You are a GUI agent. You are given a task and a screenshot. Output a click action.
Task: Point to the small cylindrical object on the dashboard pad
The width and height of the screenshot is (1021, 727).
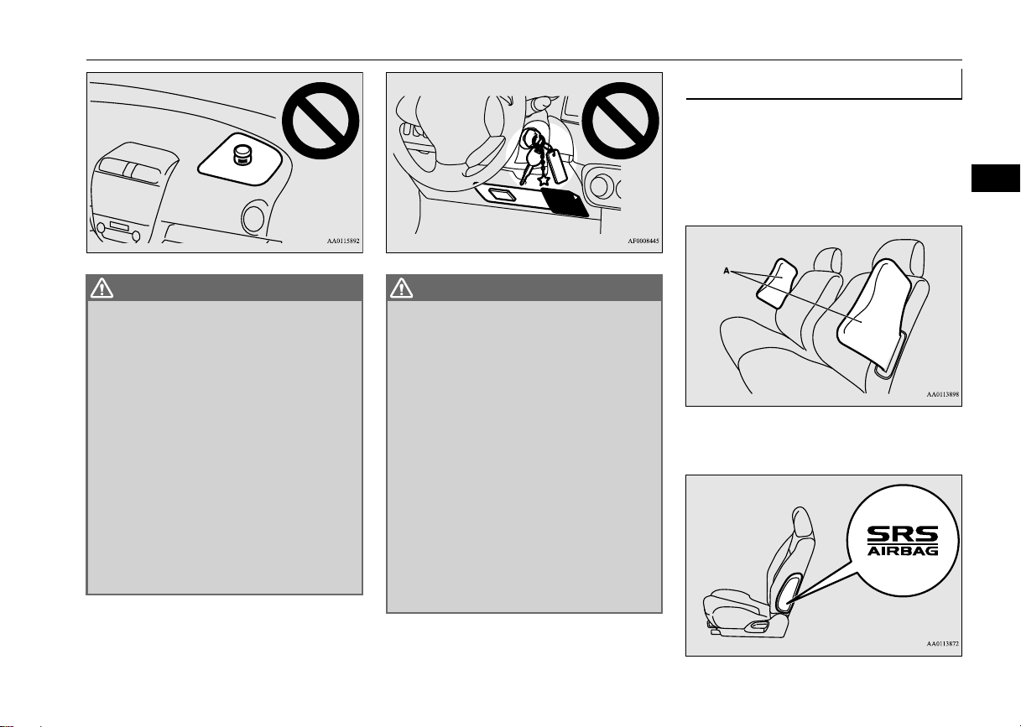pos(242,155)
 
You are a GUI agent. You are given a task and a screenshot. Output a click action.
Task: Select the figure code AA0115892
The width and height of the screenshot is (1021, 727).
pos(343,241)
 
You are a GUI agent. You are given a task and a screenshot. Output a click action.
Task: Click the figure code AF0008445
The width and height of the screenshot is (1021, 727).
pos(643,241)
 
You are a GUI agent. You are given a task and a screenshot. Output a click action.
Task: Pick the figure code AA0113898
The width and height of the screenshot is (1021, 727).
pos(943,394)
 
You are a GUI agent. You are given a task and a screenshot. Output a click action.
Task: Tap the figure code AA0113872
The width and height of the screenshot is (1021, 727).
pos(943,644)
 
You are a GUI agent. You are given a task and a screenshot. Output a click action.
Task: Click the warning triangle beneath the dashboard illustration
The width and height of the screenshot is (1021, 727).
pos(102,288)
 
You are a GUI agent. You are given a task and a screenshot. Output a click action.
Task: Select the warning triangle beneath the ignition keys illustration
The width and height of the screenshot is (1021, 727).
pos(401,288)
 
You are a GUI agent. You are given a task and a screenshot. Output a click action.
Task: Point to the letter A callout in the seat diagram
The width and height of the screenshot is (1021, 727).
pos(726,271)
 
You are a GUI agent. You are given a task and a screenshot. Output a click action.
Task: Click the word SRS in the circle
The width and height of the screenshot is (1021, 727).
pos(903,534)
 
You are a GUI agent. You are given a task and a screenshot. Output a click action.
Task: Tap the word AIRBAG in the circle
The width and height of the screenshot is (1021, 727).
pos(903,551)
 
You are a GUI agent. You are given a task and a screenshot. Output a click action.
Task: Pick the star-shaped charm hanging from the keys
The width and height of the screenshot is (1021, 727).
pos(544,180)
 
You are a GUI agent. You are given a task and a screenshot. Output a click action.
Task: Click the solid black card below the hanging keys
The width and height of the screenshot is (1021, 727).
pos(565,201)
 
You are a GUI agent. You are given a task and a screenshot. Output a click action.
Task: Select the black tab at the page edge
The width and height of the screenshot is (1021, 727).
pos(996,178)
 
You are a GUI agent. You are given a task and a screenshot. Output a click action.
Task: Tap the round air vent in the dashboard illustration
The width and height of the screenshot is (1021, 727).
pos(253,218)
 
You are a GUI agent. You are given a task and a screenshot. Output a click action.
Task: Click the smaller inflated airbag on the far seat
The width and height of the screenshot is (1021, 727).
pos(777,283)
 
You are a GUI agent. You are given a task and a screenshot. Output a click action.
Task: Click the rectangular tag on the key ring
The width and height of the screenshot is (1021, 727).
pos(557,167)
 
